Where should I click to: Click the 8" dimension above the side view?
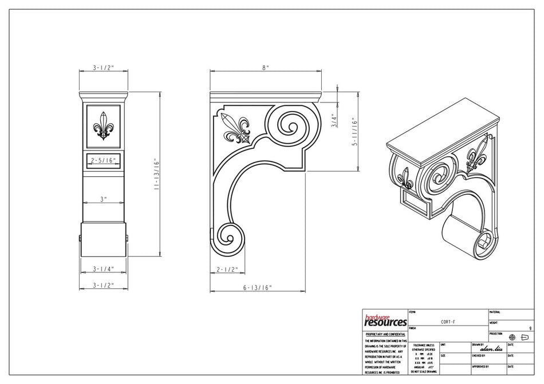pos(265,68)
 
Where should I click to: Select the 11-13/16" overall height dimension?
pos(155,177)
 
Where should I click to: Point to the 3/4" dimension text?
pos(333,121)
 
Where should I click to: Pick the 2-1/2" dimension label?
pos(227,268)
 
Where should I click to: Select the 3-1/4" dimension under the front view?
pos(103,268)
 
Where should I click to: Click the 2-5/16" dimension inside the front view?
pos(103,161)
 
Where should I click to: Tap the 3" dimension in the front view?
pos(103,199)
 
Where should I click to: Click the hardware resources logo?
pos(385,320)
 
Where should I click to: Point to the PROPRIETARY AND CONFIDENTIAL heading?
pos(385,334)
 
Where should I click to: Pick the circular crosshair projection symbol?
pos(512,337)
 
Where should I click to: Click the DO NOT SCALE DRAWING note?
pos(423,371)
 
